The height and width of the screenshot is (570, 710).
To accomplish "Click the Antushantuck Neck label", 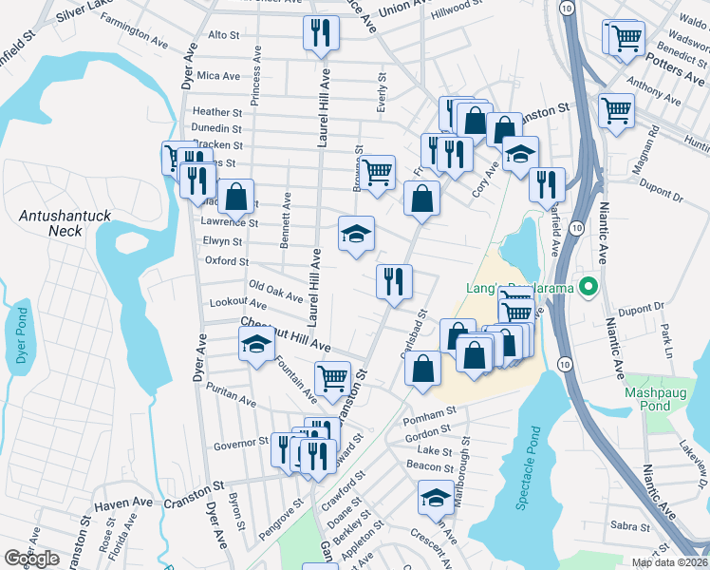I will [65, 223].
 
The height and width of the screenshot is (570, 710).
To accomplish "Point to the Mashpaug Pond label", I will [661, 399].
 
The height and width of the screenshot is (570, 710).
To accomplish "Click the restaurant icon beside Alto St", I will [321, 33].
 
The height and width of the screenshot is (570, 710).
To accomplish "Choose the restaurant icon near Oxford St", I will [393, 282].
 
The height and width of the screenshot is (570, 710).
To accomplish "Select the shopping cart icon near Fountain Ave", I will [333, 378].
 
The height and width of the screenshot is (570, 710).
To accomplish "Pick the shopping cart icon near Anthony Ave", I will [617, 109].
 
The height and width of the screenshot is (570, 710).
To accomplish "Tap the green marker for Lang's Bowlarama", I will [589, 285].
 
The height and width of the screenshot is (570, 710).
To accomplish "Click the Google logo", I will [32, 559].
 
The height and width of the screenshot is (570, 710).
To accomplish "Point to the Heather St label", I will [217, 112].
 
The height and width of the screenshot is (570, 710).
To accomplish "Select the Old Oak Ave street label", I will [275, 286].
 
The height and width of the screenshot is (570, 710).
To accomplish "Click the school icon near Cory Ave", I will [519, 155].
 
